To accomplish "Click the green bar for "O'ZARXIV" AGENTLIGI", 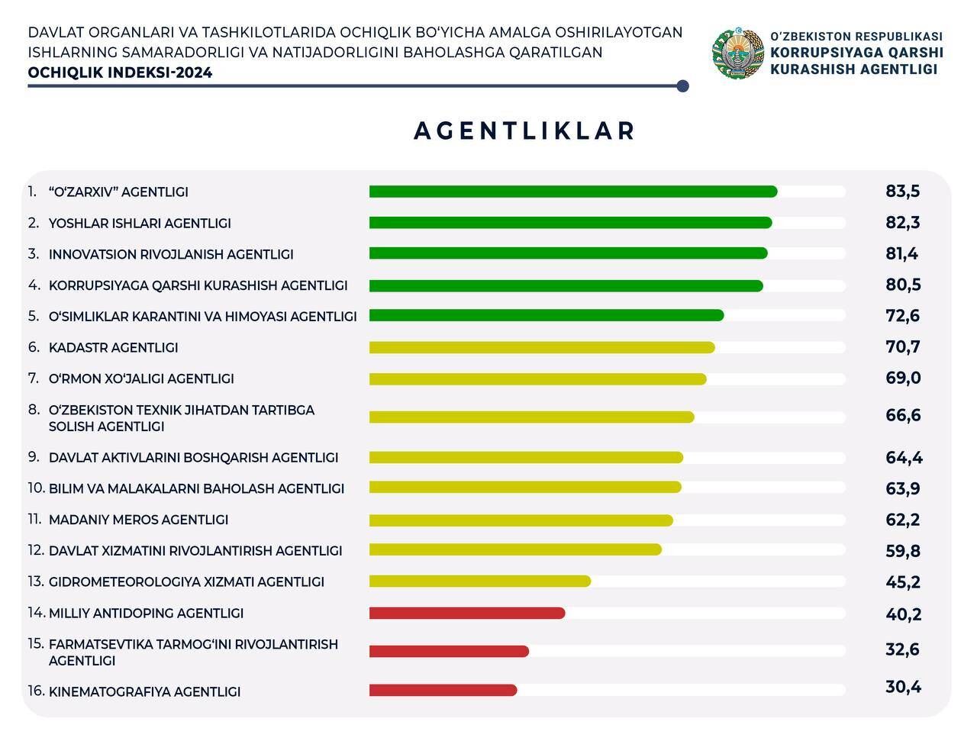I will (x=572, y=192).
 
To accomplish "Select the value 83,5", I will (x=903, y=192).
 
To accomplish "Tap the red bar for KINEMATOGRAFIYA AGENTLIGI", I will (x=443, y=691).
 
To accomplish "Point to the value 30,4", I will (x=903, y=687).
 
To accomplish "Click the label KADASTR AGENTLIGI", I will (x=113, y=348).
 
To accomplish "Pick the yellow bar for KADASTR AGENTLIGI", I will (x=542, y=348).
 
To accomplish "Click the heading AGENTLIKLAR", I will (x=524, y=131).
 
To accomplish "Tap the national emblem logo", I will (x=738, y=53).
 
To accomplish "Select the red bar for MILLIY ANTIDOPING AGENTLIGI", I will (x=467, y=614).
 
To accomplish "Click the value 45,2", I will (x=903, y=582).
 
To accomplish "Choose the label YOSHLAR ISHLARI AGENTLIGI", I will (x=140, y=224).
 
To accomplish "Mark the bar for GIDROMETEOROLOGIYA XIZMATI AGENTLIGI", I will (x=479, y=582).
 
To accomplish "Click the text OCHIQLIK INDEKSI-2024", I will (x=120, y=73).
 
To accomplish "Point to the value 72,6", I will (x=903, y=316).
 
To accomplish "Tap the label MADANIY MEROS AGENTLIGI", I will (x=138, y=520).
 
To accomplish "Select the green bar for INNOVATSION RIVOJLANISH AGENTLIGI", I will (x=568, y=253).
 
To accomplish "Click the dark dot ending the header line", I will (x=682, y=86).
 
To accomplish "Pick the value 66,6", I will (x=903, y=416).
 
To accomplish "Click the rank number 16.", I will (x=36, y=691).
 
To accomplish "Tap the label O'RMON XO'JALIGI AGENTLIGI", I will (x=141, y=379).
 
